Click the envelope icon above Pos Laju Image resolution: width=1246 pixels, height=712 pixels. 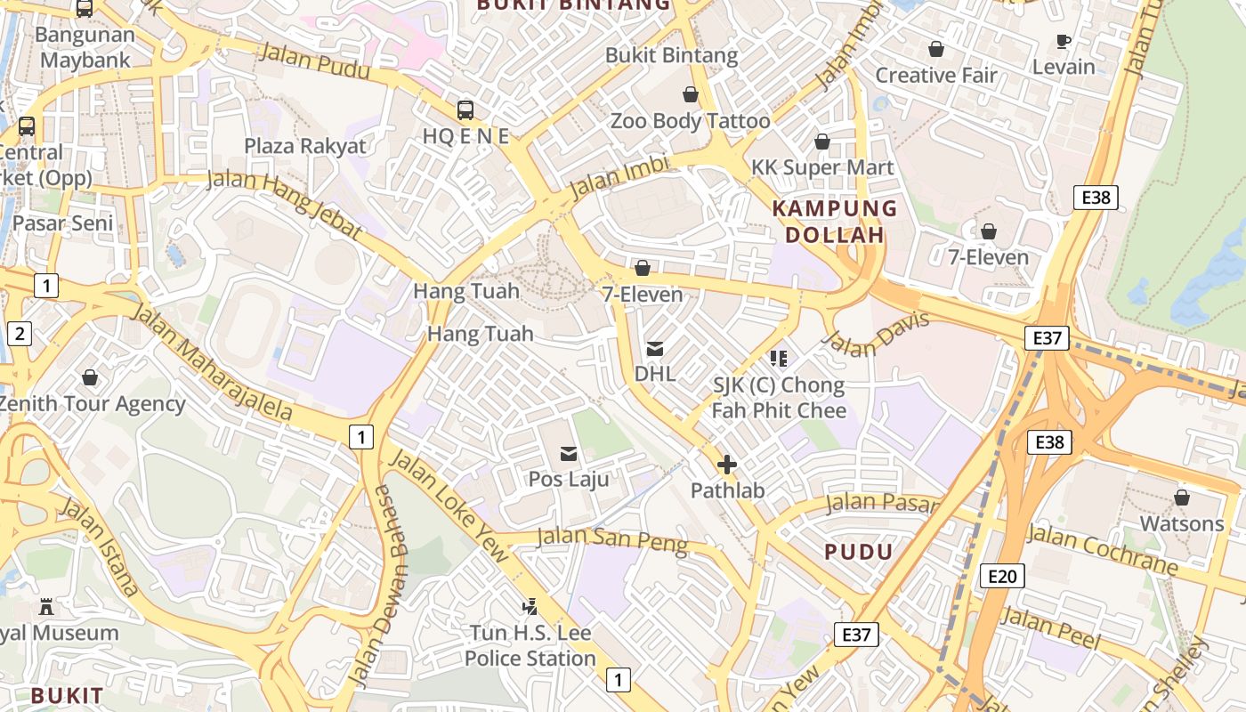tap(568, 454)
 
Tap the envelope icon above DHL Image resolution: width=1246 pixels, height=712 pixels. tap(655, 349)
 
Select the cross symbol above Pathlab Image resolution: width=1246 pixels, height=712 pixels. tap(727, 465)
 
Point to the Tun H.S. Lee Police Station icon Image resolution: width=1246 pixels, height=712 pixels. tap(530, 607)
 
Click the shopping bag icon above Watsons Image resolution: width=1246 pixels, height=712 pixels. tap(1182, 498)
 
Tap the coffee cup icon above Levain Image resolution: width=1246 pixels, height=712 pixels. tap(1063, 41)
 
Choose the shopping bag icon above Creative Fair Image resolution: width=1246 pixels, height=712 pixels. tap(935, 49)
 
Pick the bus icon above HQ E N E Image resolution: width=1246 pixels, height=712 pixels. tap(465, 110)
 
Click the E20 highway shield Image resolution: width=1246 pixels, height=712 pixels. tap(1001, 576)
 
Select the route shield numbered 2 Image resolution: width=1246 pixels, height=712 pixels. tap(19, 334)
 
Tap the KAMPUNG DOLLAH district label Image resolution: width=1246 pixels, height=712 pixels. tap(834, 222)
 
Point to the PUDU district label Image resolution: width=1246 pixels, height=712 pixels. tap(858, 552)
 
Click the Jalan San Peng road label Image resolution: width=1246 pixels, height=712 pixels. tap(612, 540)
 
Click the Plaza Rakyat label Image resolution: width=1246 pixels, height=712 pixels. tap(305, 146)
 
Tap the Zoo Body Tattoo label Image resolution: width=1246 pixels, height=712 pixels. tap(690, 121)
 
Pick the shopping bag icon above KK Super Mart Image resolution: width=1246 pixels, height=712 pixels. tap(822, 142)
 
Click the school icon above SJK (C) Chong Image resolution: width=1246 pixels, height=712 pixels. tap(779, 359)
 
